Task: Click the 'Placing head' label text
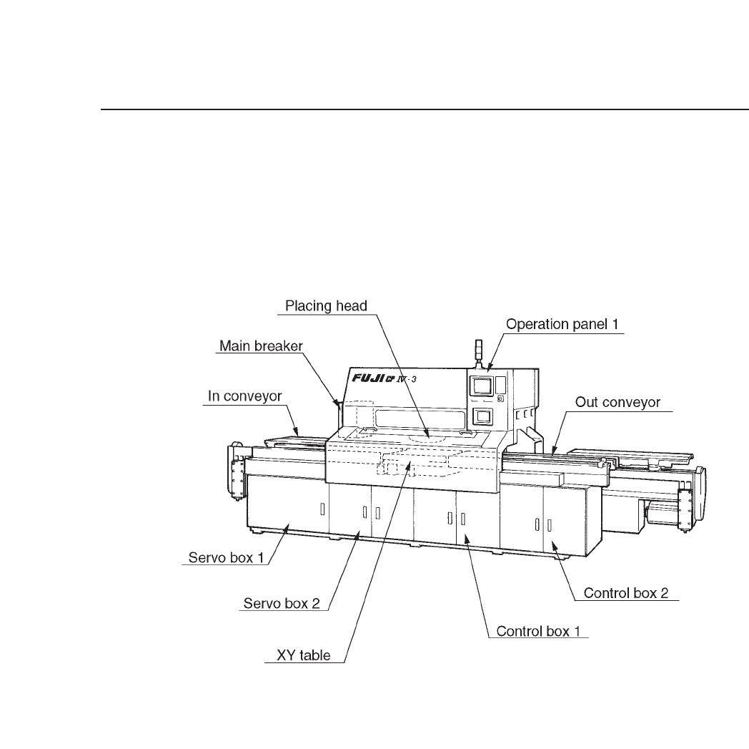click(x=326, y=306)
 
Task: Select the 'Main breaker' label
click(x=261, y=346)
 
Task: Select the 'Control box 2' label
click(x=629, y=593)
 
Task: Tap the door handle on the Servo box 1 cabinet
click(x=322, y=509)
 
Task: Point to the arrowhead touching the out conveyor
click(x=555, y=449)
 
